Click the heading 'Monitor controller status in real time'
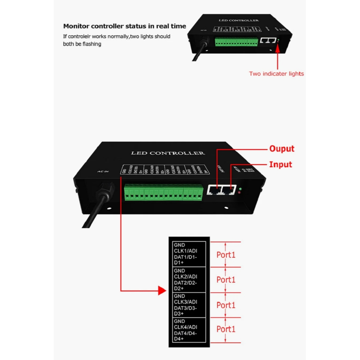124,26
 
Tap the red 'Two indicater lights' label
276,73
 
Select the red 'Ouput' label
282,149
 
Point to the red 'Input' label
281,164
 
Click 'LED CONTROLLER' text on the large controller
168,153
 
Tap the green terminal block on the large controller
163,192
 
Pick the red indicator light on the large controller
239,193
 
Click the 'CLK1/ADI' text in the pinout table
186,251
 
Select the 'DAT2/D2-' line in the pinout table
186,283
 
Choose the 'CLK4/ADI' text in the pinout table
186,327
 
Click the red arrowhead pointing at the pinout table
162,291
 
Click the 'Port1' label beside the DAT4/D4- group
226,329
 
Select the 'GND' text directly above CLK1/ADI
179,245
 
